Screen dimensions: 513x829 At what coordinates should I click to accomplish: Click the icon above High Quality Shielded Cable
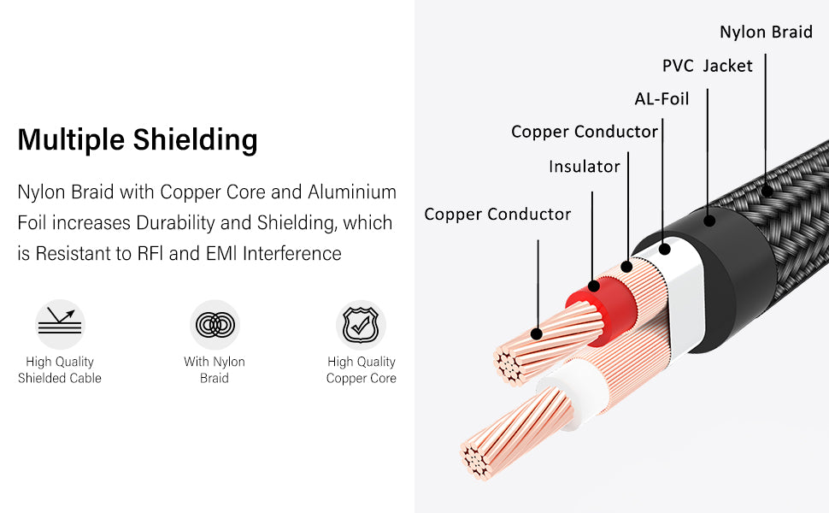click(x=60, y=324)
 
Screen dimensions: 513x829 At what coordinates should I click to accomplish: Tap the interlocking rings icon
click(x=214, y=325)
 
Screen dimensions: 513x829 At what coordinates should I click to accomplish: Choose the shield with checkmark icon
click(x=361, y=325)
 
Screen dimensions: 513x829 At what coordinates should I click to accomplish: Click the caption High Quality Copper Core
click(x=361, y=370)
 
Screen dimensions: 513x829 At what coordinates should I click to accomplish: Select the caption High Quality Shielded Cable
click(x=60, y=370)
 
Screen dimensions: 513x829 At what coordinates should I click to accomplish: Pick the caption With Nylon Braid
click(x=214, y=370)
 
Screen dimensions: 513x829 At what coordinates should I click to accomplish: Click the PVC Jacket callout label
click(x=707, y=66)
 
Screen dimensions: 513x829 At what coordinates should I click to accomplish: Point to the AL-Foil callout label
click(x=661, y=99)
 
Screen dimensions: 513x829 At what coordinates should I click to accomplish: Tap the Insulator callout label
click(x=584, y=167)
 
